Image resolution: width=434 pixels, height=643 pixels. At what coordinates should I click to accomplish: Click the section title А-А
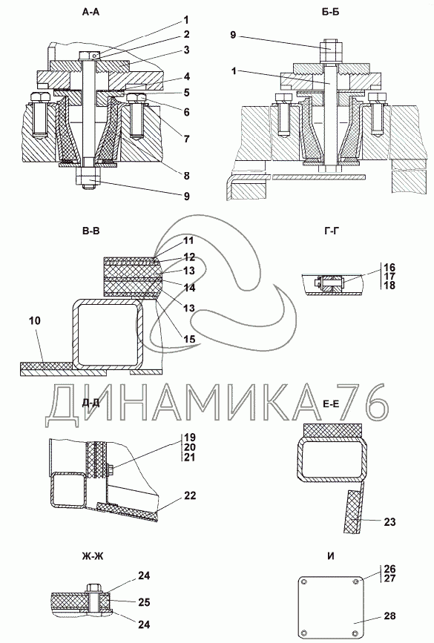[x=91, y=13]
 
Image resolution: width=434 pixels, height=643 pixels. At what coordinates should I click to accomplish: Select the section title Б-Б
[x=330, y=13]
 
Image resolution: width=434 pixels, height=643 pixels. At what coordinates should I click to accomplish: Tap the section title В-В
[x=91, y=231]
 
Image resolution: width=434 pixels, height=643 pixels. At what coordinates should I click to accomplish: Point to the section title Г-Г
[x=332, y=231]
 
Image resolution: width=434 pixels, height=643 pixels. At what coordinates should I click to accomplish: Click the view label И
[x=331, y=556]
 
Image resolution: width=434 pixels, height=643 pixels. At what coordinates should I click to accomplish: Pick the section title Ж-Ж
[x=92, y=556]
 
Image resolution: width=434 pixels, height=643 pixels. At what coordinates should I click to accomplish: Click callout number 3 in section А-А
[x=186, y=50]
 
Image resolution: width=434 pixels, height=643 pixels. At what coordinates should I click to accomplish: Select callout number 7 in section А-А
[x=186, y=139]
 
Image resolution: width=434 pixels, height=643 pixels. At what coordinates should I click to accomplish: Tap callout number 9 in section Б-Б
[x=233, y=35]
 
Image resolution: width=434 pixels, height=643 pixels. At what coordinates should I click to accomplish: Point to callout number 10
[x=36, y=320]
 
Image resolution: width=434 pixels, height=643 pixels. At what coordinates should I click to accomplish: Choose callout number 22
[x=190, y=495]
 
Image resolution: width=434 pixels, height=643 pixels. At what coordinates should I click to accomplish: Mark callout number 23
[x=389, y=521]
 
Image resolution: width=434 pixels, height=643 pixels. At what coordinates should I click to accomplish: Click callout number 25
[x=144, y=602]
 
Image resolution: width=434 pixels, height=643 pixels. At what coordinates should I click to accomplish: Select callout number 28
[x=389, y=616]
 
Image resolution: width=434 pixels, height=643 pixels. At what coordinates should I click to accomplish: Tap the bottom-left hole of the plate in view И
[x=303, y=631]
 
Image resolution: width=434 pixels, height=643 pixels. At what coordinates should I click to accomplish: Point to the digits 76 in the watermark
[x=360, y=402]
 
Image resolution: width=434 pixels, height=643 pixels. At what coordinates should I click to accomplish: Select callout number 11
[x=188, y=241]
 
